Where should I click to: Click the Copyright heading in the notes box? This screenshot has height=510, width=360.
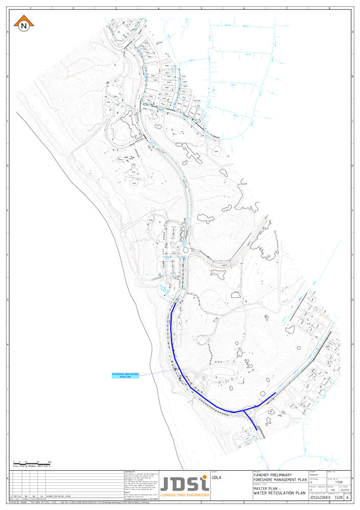131,471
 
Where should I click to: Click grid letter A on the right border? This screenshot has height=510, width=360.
353,32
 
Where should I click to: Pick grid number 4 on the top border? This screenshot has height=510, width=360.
159,9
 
